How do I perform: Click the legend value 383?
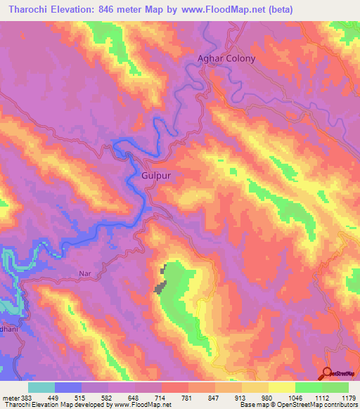coord(25,398)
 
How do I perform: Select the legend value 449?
coord(55,398)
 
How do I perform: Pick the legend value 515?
coord(82,398)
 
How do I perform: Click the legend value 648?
coord(135,398)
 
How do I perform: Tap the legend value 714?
coord(162,398)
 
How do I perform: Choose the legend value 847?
coord(216,398)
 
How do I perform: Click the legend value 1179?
coord(347,398)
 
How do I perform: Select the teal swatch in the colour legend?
coord(41,387)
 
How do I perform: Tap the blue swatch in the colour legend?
coord(68,387)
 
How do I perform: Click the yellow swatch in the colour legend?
coord(282,387)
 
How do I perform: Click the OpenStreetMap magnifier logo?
coord(327,374)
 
